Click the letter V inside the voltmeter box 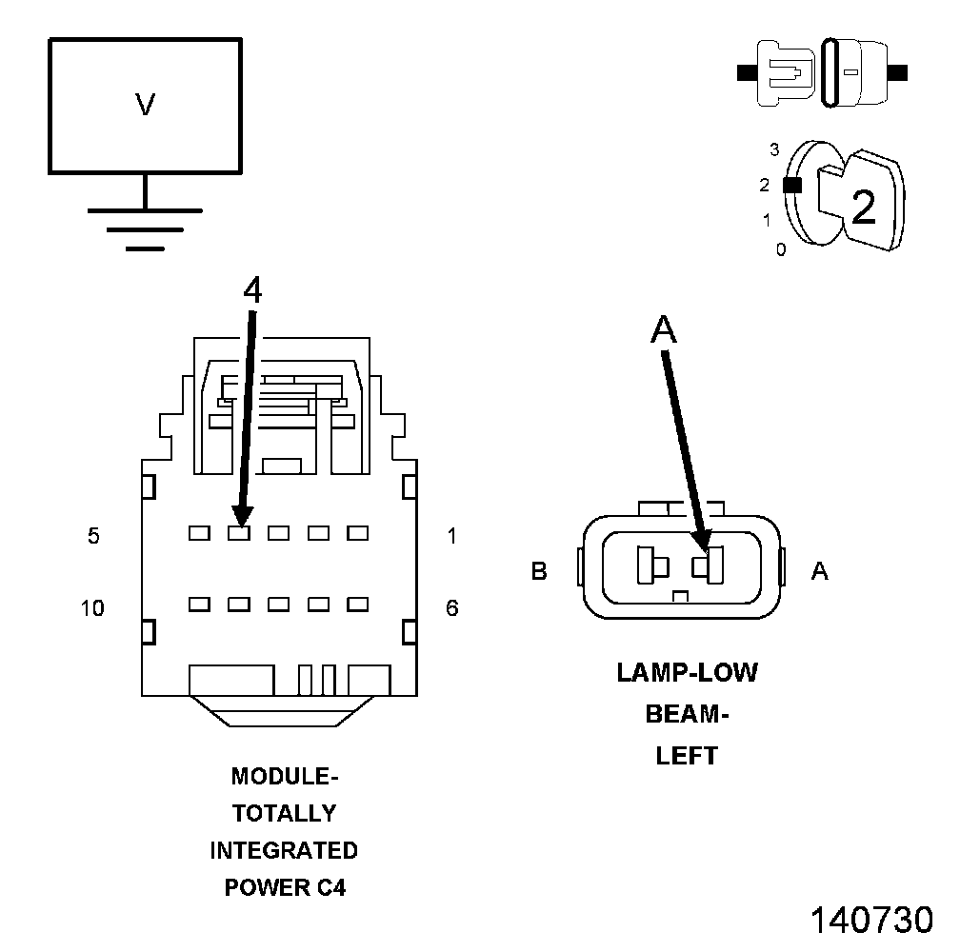(x=145, y=105)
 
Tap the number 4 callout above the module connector (x=251, y=291)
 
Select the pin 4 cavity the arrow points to (x=238, y=534)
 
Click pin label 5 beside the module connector (x=93, y=536)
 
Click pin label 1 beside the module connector (x=451, y=536)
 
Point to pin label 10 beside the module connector (x=92, y=607)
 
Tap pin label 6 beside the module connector (x=451, y=607)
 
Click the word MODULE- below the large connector (x=285, y=776)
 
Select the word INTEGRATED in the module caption (x=284, y=850)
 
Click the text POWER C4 (x=285, y=887)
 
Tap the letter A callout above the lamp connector (x=663, y=329)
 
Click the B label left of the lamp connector (x=539, y=571)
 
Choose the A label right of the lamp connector (x=819, y=571)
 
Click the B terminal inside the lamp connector (x=652, y=565)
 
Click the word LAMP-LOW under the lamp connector (x=687, y=672)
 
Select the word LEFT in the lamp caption (x=687, y=756)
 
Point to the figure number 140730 (x=870, y=921)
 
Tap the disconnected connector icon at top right (x=824, y=72)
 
